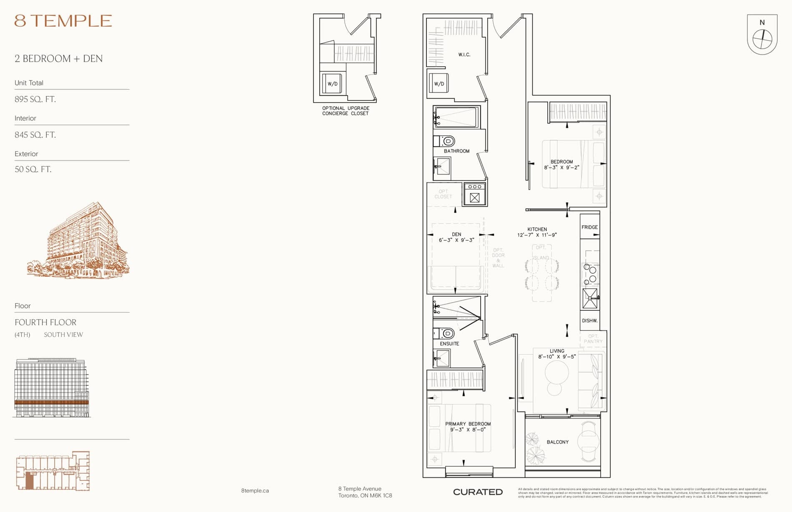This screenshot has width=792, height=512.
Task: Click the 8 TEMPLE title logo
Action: point(63,21)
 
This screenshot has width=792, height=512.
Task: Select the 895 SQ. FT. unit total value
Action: point(35,99)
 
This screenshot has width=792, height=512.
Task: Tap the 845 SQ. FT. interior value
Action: point(35,135)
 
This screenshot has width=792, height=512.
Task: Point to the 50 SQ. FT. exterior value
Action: point(33,169)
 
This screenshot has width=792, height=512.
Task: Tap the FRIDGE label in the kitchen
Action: point(589,227)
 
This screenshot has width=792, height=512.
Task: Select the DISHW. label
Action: point(589,320)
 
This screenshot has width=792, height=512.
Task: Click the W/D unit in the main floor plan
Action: point(439,83)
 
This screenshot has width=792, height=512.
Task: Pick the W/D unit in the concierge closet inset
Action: point(332,83)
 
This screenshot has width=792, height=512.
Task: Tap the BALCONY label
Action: point(557,442)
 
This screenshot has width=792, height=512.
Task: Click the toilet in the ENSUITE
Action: point(447,333)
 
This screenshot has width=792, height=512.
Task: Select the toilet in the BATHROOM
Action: point(447,141)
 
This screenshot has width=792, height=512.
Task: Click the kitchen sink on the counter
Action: point(590,298)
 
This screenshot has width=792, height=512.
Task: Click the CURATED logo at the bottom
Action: point(478,492)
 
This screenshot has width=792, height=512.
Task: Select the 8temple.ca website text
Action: point(255,491)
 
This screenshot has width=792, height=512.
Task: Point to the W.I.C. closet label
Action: point(464,55)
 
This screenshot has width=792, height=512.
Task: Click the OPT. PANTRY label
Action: point(593,339)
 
